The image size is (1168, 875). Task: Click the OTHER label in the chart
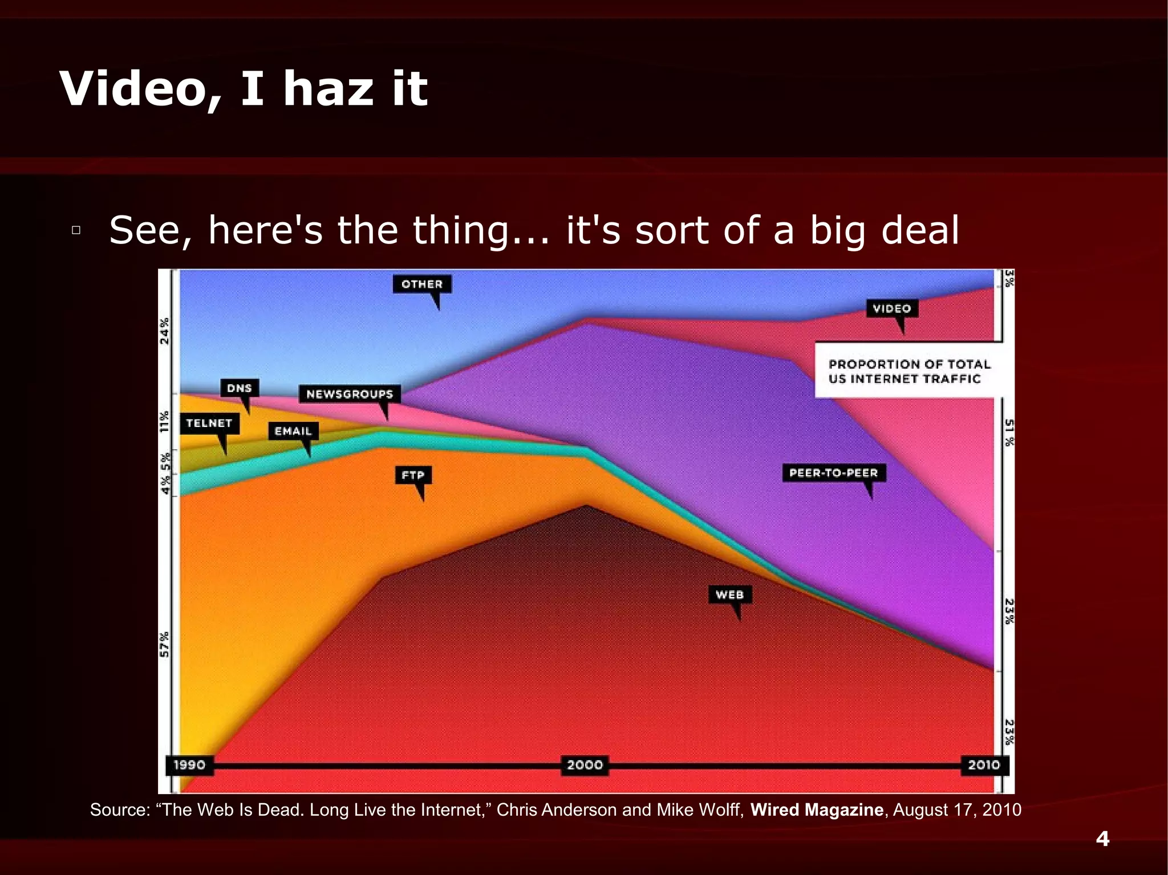click(x=422, y=284)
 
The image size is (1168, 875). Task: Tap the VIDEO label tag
click(x=892, y=308)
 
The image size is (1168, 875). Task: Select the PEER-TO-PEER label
click(x=833, y=473)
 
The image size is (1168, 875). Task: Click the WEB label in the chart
click(x=729, y=595)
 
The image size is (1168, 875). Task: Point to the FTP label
click(x=413, y=475)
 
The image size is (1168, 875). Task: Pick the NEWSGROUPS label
click(x=350, y=394)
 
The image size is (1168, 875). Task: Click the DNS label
click(x=240, y=388)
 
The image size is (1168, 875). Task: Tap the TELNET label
click(x=209, y=423)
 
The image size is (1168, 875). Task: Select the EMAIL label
click(x=293, y=431)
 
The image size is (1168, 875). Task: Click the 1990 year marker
click(x=189, y=764)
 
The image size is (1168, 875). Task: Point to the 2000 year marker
click(x=585, y=764)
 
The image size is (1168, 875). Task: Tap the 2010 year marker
click(x=984, y=764)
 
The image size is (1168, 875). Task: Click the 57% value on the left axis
click(x=165, y=644)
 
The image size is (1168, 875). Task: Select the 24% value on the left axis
click(x=165, y=331)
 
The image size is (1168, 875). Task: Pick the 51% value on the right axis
click(x=1009, y=433)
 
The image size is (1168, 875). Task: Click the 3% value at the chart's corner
click(x=1009, y=278)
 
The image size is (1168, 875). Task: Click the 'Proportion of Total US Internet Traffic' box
click(x=909, y=371)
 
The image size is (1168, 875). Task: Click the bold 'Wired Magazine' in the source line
click(x=817, y=809)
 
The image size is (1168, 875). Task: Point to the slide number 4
click(x=1102, y=839)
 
